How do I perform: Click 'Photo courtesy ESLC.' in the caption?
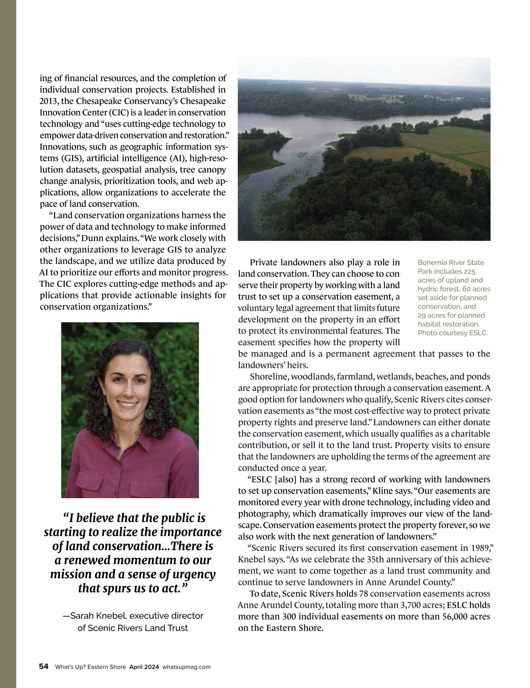coord(453,333)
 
